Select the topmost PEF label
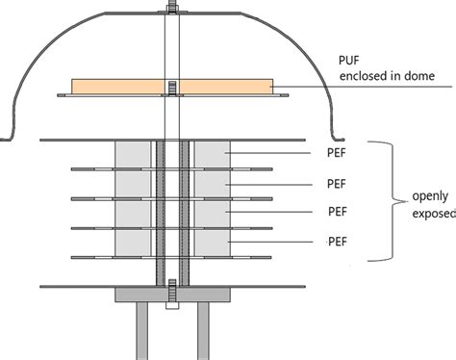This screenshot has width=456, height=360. [337, 152]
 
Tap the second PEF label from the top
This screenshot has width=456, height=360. [337, 182]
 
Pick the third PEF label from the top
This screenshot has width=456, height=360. [337, 211]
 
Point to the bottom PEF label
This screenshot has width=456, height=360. [337, 241]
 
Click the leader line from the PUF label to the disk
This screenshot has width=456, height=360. [366, 88]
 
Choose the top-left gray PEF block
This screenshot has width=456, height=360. [133, 154]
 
